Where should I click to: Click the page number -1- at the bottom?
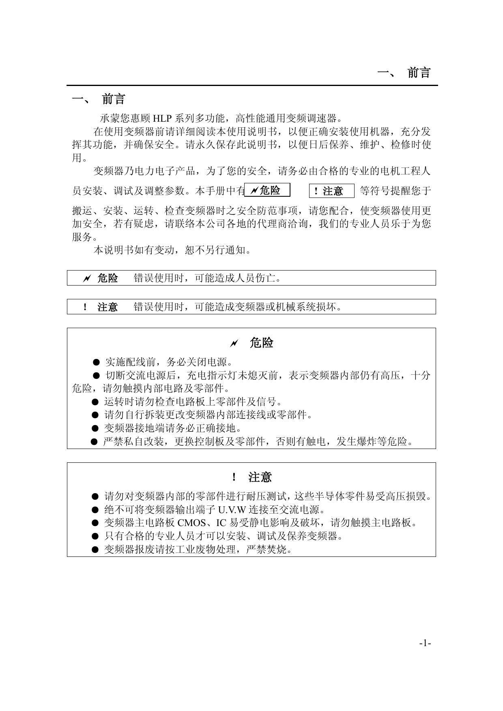coord(425,643)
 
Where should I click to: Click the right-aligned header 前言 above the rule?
coord(419,73)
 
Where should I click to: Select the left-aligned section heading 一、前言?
coord(99,99)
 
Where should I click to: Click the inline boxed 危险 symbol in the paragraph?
coord(267,190)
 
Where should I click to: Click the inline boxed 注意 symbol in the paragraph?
coord(331,191)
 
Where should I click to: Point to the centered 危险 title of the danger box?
coord(261,343)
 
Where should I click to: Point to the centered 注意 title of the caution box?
coord(260,477)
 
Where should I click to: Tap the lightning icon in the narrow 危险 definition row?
coord(86,278)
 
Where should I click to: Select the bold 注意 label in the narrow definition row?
coord(107,307)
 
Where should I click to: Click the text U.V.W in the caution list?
coord(232,510)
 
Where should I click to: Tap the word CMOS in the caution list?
coord(191,523)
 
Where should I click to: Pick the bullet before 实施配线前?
coord(96,362)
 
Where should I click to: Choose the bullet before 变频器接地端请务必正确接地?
coord(95,428)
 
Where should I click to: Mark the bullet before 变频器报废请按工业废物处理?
coord(95,550)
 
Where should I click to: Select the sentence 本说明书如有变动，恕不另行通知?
coord(172,250)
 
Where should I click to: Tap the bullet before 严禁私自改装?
coord(94,442)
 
